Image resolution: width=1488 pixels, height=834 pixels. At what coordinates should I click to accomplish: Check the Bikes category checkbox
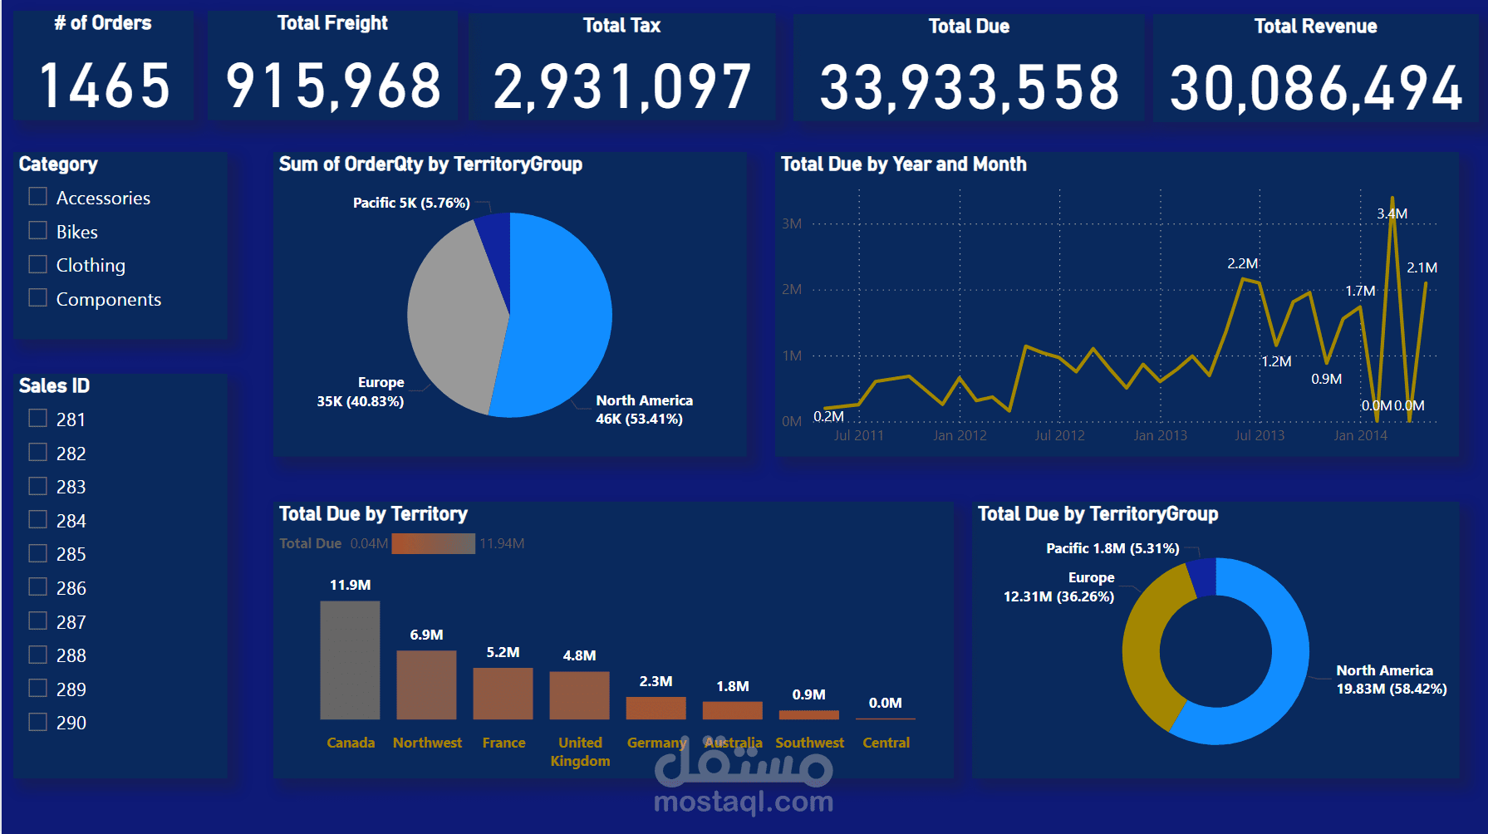(38, 231)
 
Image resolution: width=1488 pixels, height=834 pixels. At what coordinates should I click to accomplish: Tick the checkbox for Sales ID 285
(38, 553)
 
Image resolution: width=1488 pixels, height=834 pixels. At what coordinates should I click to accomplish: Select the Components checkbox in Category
(38, 298)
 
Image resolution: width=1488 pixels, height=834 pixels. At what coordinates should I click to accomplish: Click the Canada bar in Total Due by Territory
(350, 660)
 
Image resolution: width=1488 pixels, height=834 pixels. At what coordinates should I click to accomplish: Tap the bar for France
(503, 693)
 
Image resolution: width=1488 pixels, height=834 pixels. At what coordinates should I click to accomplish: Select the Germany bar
(656, 708)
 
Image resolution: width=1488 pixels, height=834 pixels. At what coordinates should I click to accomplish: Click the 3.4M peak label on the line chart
(1392, 213)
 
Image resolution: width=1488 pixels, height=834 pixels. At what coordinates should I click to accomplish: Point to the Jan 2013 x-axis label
(1160, 435)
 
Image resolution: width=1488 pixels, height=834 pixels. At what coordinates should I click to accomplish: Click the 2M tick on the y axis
(791, 289)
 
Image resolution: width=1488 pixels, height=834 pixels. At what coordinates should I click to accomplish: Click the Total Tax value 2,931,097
(622, 87)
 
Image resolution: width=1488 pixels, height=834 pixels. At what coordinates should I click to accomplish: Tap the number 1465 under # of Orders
(105, 86)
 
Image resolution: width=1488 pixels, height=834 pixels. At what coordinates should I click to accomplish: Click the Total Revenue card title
(1315, 27)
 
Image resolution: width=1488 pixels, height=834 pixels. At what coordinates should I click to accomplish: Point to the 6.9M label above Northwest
(426, 635)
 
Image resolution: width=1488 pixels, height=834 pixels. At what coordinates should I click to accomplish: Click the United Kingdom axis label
(580, 752)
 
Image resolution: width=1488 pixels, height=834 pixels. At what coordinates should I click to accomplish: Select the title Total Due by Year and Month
(903, 164)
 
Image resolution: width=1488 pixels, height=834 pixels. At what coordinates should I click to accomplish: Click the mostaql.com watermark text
(744, 802)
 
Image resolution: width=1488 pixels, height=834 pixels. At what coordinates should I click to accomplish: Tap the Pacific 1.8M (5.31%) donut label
(1112, 548)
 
